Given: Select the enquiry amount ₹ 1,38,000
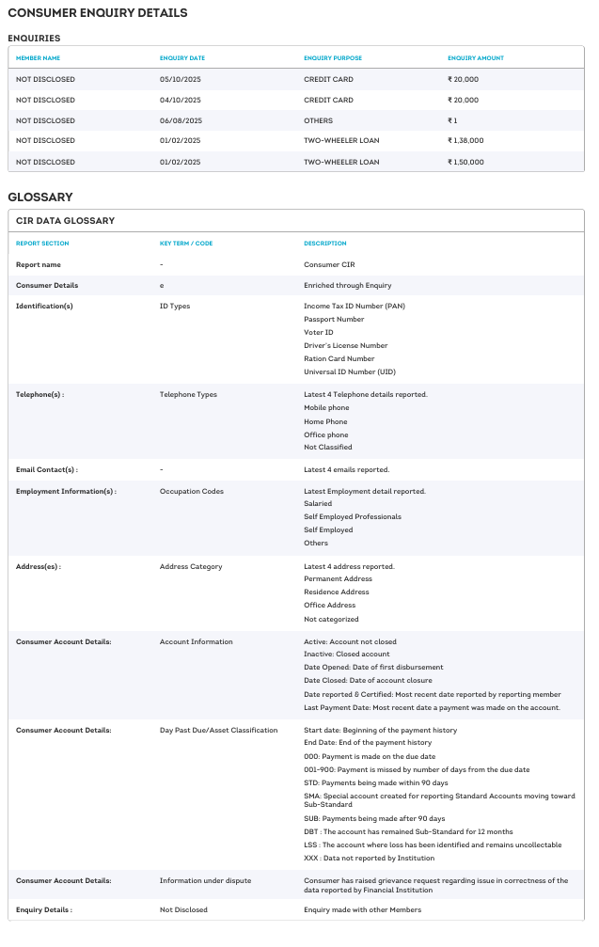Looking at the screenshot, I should (465, 141).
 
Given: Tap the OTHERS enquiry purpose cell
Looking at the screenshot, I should (318, 120).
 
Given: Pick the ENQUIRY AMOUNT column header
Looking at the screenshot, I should (475, 58).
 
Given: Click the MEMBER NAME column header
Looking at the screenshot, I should (39, 58).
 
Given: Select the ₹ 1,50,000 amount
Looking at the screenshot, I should (465, 162).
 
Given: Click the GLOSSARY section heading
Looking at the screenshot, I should (40, 197).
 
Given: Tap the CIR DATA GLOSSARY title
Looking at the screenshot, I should (65, 221).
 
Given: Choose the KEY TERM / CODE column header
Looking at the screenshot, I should (186, 244).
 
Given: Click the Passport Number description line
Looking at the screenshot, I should (334, 319).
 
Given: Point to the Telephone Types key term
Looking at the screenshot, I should (188, 394).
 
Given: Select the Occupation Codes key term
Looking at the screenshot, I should (192, 491).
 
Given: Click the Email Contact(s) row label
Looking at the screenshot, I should (47, 469).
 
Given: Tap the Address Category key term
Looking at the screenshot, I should (191, 566).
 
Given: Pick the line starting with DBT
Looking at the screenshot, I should (408, 831).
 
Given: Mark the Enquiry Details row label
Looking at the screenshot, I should (44, 909).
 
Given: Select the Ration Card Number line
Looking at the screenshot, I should (339, 358).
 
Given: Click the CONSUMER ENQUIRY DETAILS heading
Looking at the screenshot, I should (98, 13).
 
